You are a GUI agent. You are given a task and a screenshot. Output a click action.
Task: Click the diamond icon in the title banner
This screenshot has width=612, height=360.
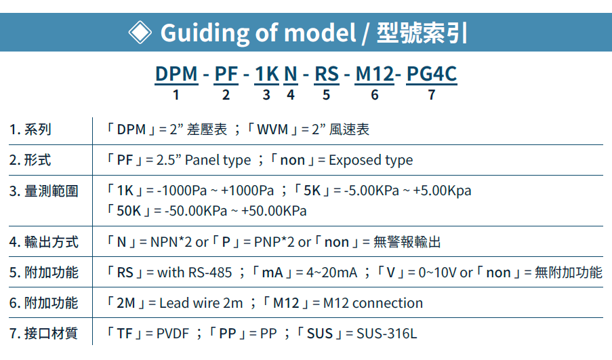point(140,32)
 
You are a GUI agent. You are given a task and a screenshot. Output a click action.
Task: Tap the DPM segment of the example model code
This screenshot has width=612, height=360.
point(176,74)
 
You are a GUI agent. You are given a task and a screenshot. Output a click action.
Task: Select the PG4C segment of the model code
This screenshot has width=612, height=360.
point(432,74)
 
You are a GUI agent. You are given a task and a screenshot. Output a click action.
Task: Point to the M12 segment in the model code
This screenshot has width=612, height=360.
point(375,74)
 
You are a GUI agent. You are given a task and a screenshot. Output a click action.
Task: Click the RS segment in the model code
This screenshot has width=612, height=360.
point(327,74)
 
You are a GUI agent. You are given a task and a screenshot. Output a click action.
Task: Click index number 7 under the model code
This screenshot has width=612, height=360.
point(432,95)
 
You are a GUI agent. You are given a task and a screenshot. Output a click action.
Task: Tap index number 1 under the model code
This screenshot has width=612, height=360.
point(176,95)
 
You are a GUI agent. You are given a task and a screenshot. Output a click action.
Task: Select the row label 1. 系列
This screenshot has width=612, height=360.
point(30,129)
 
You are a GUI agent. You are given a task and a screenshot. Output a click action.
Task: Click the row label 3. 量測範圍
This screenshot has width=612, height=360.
point(43,191)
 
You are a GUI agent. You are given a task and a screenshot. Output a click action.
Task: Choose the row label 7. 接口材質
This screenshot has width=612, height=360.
point(43,334)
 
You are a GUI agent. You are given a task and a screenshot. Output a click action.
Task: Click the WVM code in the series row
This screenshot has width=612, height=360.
point(272,129)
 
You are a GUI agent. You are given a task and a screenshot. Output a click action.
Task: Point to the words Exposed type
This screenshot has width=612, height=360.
point(371,160)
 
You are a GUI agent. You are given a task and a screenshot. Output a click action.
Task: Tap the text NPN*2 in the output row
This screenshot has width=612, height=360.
point(171,242)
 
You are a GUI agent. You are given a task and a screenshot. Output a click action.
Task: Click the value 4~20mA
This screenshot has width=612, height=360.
point(332,273)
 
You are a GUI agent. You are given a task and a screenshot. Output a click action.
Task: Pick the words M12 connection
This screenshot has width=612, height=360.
point(373,303)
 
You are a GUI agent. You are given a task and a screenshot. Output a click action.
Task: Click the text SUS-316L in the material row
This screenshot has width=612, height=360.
point(387,334)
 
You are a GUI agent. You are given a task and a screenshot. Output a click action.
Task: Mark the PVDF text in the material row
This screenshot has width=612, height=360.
point(173,334)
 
